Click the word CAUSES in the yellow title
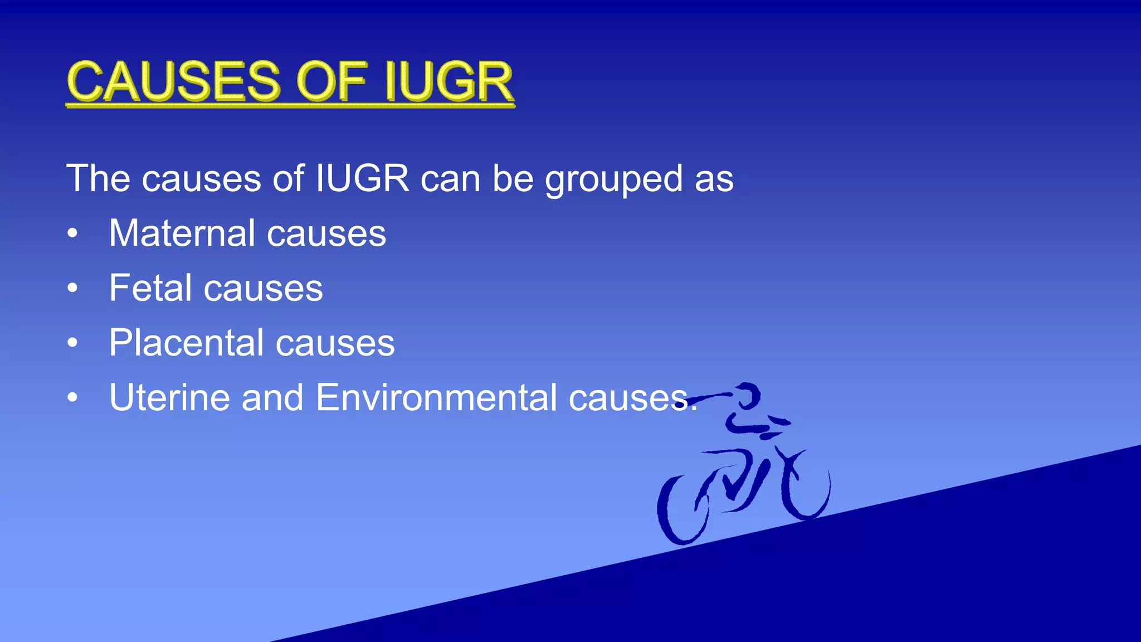tap(173, 82)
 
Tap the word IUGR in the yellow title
tap(448, 82)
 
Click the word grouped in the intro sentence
tap(613, 179)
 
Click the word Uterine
tap(169, 397)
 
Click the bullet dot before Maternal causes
tap(72, 234)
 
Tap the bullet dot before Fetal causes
tap(72, 289)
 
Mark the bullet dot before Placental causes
tap(72, 343)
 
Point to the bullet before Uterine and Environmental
tap(72, 398)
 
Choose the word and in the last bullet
tap(272, 397)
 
